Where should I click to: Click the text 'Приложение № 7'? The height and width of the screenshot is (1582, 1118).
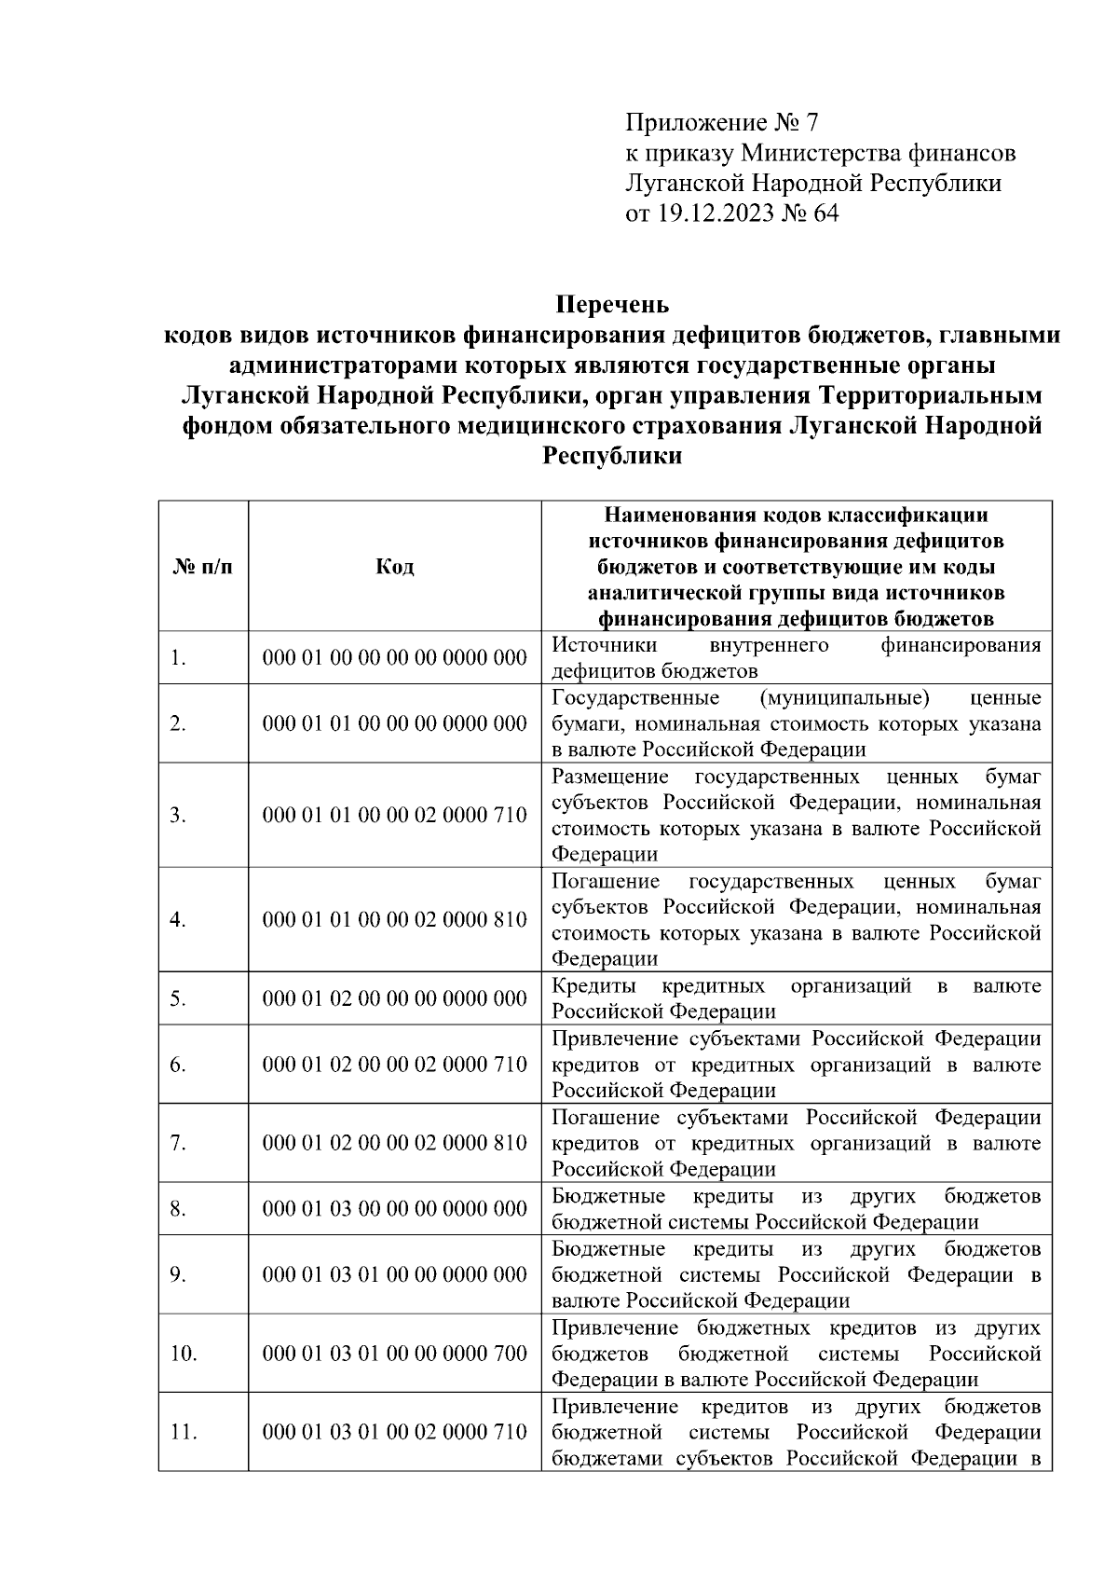[x=721, y=123]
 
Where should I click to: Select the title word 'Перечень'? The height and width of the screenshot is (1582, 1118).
[x=612, y=305]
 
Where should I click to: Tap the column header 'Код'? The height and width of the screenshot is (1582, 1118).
[x=395, y=567]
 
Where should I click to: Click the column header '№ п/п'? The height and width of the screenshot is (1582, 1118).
[x=203, y=567]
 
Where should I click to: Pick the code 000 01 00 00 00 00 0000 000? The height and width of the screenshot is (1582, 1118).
[x=395, y=658]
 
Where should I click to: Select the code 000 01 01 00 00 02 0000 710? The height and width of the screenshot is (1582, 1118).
[x=395, y=816]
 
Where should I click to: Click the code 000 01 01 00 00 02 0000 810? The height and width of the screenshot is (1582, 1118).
[x=395, y=920]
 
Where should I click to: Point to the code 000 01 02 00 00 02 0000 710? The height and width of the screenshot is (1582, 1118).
[x=395, y=1065]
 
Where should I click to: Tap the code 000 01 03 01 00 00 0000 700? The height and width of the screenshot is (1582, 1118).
[x=395, y=1354]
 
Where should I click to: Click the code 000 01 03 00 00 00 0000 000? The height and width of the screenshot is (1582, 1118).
[x=395, y=1209]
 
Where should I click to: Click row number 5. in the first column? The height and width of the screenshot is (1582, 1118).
[x=178, y=999]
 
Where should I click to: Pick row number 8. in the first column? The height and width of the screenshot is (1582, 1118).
[x=178, y=1209]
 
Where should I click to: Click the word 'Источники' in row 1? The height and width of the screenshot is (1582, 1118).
[x=604, y=645]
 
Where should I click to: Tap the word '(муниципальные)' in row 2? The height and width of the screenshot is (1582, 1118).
[x=844, y=698]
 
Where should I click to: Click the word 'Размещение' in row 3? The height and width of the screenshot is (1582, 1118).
[x=610, y=777]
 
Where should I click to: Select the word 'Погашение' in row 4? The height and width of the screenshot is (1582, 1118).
[x=606, y=881]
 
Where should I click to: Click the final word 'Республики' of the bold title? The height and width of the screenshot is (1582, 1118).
[x=612, y=456]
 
